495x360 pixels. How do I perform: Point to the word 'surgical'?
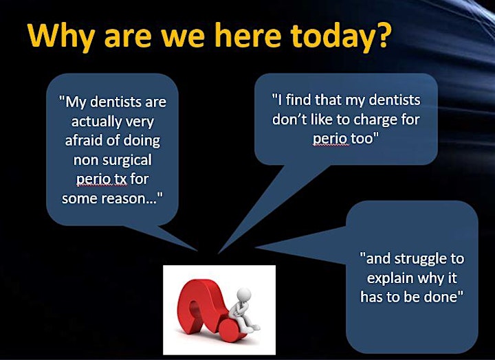(x=127, y=161)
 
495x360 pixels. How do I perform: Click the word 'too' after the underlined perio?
(x=364, y=139)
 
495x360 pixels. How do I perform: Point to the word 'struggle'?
(x=420, y=260)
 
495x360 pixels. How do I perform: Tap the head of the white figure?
(x=243, y=295)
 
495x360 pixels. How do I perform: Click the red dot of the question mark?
(x=230, y=331)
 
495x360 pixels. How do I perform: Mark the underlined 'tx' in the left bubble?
(x=120, y=179)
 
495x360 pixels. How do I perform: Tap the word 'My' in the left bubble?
(x=75, y=102)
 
